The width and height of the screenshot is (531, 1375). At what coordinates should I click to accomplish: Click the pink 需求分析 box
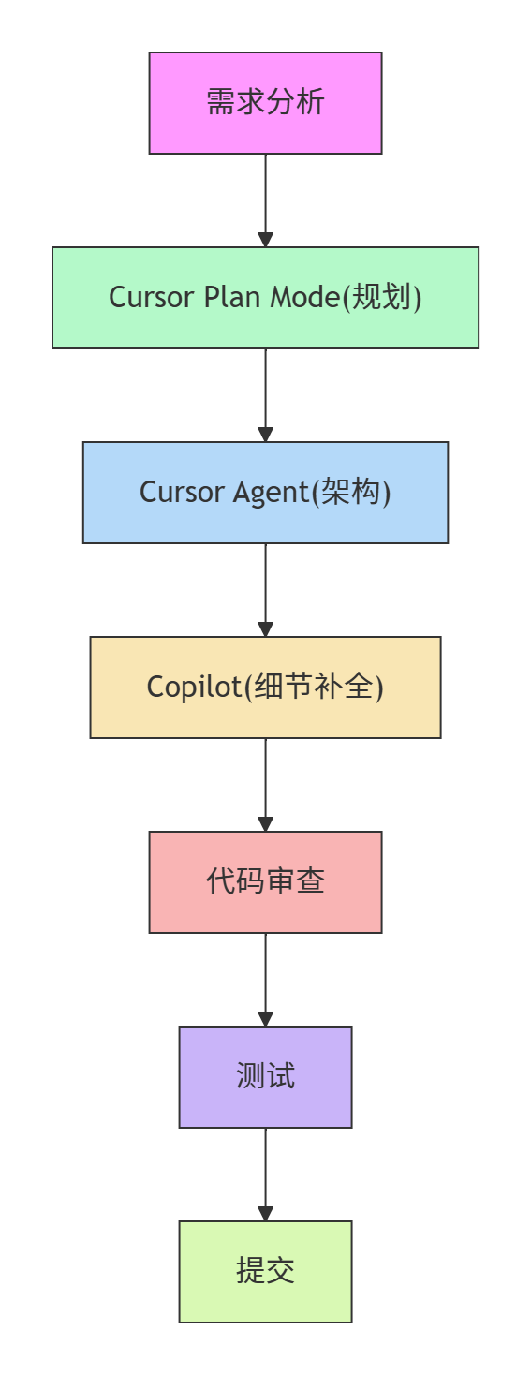tap(265, 102)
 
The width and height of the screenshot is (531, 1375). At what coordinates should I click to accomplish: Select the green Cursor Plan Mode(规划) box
tap(265, 297)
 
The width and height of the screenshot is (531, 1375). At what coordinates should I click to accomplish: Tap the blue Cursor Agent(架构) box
tap(265, 492)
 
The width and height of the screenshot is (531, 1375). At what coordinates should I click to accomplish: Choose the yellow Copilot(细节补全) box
tap(265, 687)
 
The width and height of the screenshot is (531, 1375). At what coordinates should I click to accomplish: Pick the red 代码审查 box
tap(265, 881)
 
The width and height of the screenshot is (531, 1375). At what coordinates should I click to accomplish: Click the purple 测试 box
tap(265, 1076)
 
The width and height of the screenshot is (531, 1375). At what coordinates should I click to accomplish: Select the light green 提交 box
tap(265, 1271)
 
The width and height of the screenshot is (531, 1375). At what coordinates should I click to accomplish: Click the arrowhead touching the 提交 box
tap(265, 1214)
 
